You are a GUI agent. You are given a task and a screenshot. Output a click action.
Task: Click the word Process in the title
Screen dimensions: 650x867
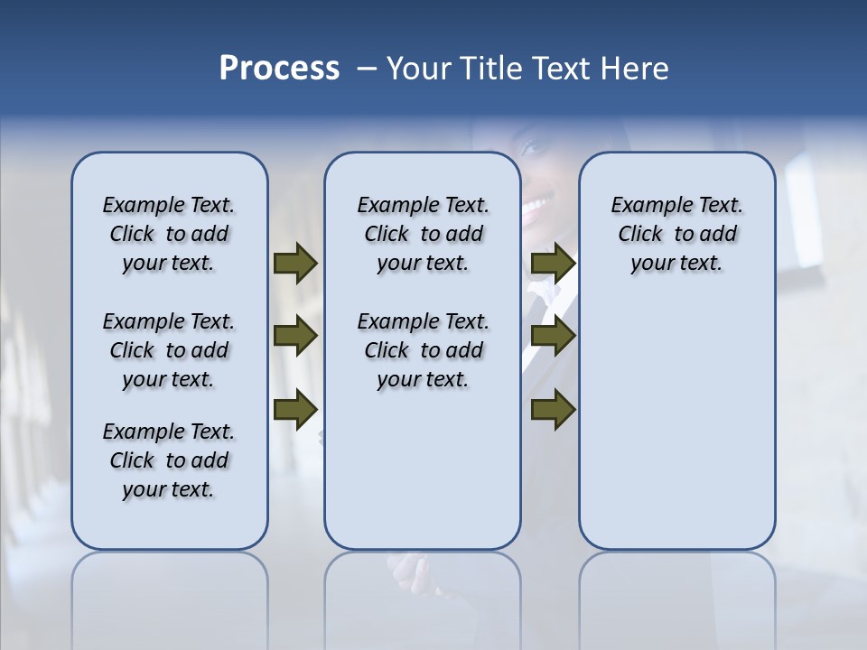click(x=279, y=69)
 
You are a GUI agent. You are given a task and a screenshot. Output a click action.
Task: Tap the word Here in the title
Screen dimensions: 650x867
click(x=636, y=69)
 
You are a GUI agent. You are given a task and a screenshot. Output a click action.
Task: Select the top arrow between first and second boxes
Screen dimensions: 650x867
click(x=295, y=263)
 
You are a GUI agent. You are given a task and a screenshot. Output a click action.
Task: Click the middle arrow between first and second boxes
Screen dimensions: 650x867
click(x=295, y=336)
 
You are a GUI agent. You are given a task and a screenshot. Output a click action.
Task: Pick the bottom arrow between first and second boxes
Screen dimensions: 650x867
click(x=295, y=409)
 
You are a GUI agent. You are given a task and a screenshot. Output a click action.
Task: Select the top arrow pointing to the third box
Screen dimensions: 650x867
click(x=553, y=263)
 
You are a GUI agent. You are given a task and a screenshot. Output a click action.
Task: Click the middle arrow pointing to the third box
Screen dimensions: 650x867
click(x=553, y=336)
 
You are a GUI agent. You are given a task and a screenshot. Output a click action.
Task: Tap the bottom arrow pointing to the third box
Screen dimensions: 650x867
click(x=553, y=409)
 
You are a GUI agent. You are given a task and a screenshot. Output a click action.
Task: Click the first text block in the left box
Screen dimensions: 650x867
click(x=169, y=234)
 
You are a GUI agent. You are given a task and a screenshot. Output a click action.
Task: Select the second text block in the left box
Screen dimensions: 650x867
click(x=169, y=350)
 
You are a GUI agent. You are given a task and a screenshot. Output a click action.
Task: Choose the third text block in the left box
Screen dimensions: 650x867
click(x=169, y=460)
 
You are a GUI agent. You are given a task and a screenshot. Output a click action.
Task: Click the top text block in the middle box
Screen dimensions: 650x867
click(x=423, y=234)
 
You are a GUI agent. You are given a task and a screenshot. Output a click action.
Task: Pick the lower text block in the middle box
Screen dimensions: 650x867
click(x=423, y=350)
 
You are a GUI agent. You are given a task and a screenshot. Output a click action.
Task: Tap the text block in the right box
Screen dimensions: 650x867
click(x=676, y=234)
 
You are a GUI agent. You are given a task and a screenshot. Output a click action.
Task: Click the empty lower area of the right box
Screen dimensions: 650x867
click(x=676, y=424)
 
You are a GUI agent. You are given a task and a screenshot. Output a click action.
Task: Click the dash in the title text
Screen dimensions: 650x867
click(x=367, y=70)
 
